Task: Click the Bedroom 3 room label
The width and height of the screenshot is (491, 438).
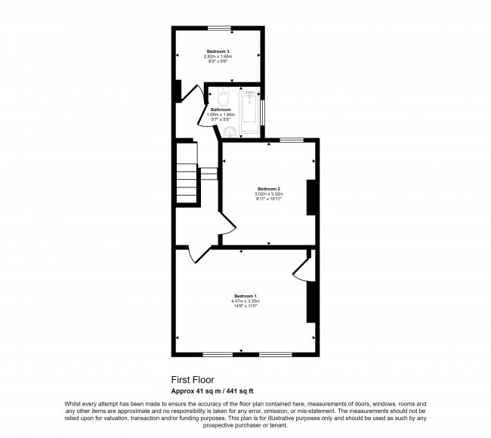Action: tap(218, 51)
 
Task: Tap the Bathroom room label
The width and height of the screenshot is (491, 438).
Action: tap(221, 109)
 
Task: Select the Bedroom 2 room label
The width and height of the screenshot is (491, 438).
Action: tap(269, 188)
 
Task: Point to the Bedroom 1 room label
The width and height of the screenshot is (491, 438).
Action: tap(246, 295)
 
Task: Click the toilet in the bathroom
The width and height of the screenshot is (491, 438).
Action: tap(222, 98)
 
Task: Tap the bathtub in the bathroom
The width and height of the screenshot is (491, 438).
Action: tap(248, 113)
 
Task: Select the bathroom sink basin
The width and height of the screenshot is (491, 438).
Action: tap(230, 134)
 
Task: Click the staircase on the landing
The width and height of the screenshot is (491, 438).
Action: tap(186, 179)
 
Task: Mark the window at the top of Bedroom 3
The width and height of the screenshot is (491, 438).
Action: tap(220, 29)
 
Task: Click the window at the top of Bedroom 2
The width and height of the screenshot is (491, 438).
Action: tap(292, 139)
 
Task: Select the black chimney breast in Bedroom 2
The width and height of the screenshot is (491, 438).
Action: tap(310, 198)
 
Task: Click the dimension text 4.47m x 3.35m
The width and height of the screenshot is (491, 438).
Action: tap(246, 301)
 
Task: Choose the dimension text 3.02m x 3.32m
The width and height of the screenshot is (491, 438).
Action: tap(269, 194)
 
